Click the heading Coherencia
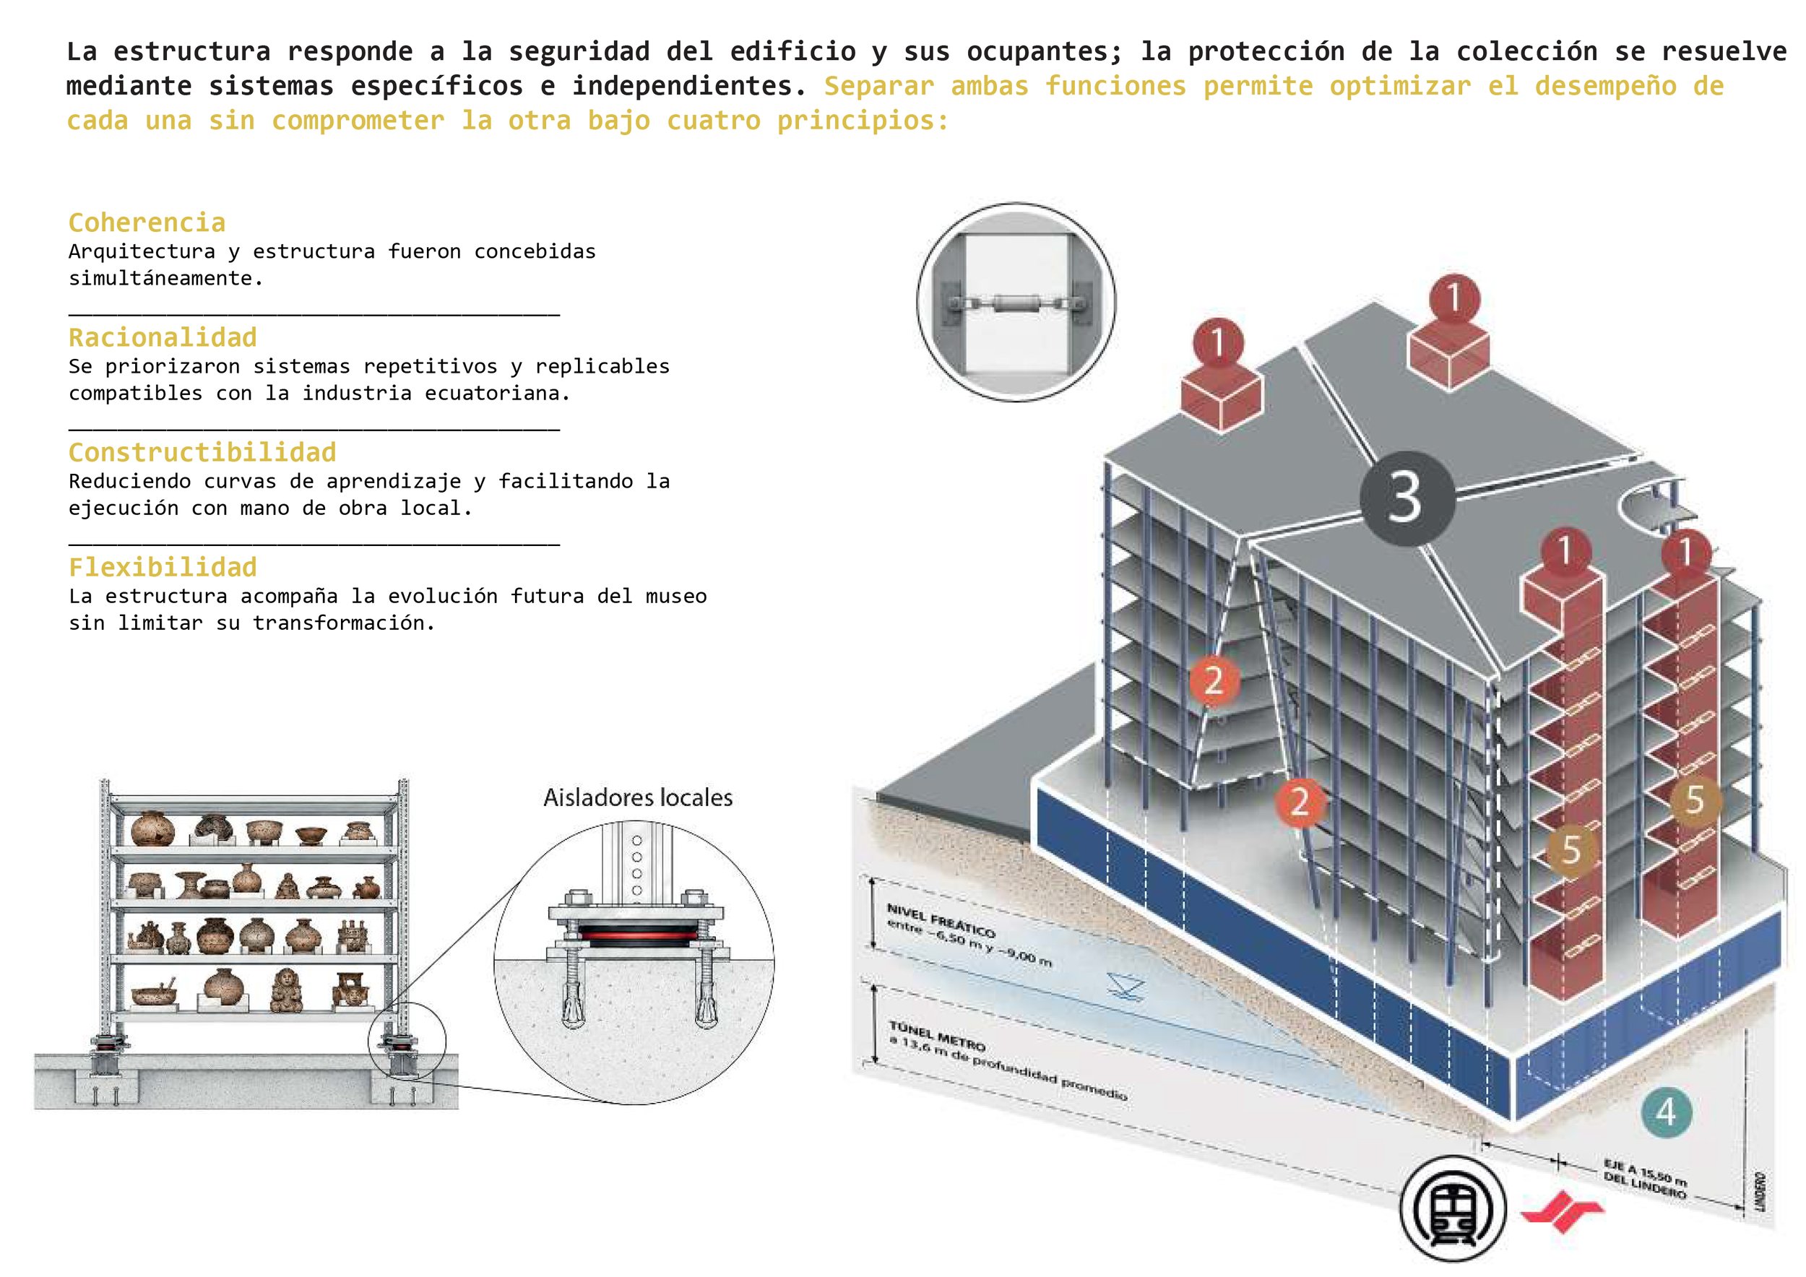click(x=147, y=222)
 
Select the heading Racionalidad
click(x=163, y=337)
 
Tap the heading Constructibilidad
click(x=202, y=452)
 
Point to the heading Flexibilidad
click(x=163, y=567)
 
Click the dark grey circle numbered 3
click(x=1407, y=498)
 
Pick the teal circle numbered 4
click(x=1666, y=1112)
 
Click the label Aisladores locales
click(x=638, y=797)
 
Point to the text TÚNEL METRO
click(x=937, y=1036)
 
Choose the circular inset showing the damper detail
click(x=1016, y=302)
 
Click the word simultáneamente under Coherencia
click(x=165, y=277)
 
